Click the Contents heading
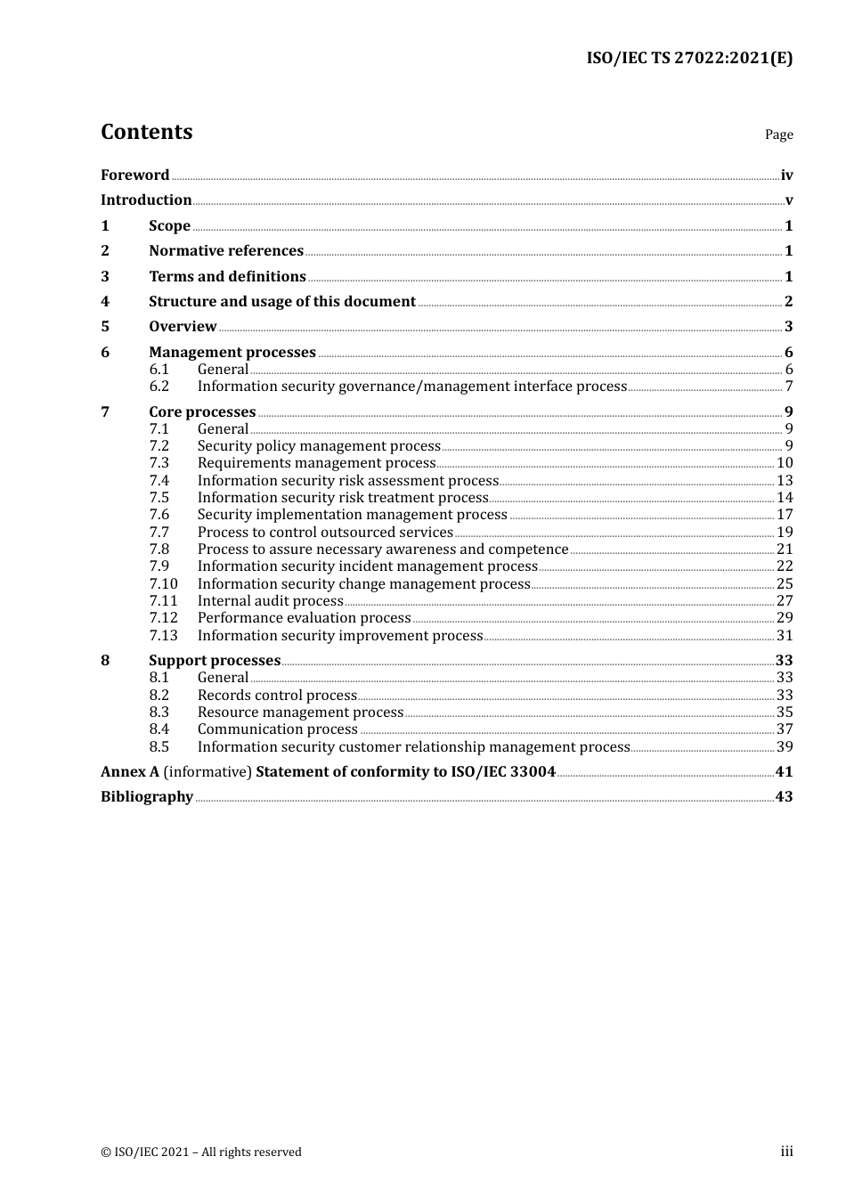coord(146,132)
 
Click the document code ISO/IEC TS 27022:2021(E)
coord(688,58)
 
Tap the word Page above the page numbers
coord(778,134)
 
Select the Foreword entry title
coord(134,175)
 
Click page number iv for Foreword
coord(786,175)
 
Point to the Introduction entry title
coord(146,200)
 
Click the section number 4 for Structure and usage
coord(105,302)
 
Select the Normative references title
coord(226,251)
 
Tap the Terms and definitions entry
coord(227,277)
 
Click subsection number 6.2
coord(159,387)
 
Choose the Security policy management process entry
coord(319,446)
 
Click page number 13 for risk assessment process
coord(785,481)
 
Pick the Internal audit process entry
coord(270,601)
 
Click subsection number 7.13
coord(163,636)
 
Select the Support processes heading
coord(215,661)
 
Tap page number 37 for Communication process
coord(785,729)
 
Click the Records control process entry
coord(277,696)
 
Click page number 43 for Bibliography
coord(784,797)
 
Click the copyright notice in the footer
coord(201,1152)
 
